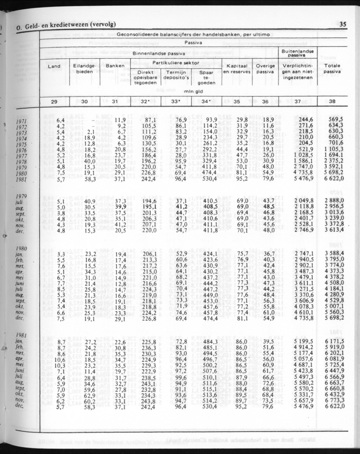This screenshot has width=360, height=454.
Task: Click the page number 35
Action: [343, 24]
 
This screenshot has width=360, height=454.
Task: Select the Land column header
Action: [54, 66]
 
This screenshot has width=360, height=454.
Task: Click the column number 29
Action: [54, 102]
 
